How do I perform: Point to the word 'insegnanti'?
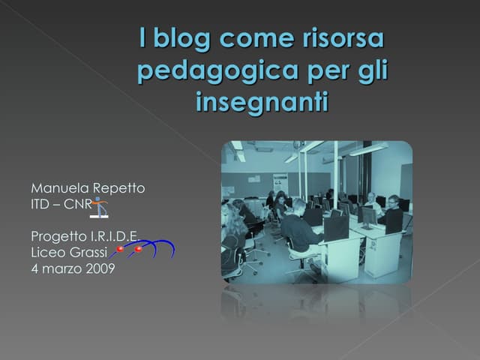click(x=262, y=101)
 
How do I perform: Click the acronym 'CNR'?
click(x=77, y=204)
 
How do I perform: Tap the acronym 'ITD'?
click(x=40, y=204)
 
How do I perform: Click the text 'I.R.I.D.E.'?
click(x=112, y=236)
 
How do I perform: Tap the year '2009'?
click(x=100, y=269)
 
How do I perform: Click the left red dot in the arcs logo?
click(x=120, y=249)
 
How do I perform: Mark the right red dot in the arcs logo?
click(x=139, y=249)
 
